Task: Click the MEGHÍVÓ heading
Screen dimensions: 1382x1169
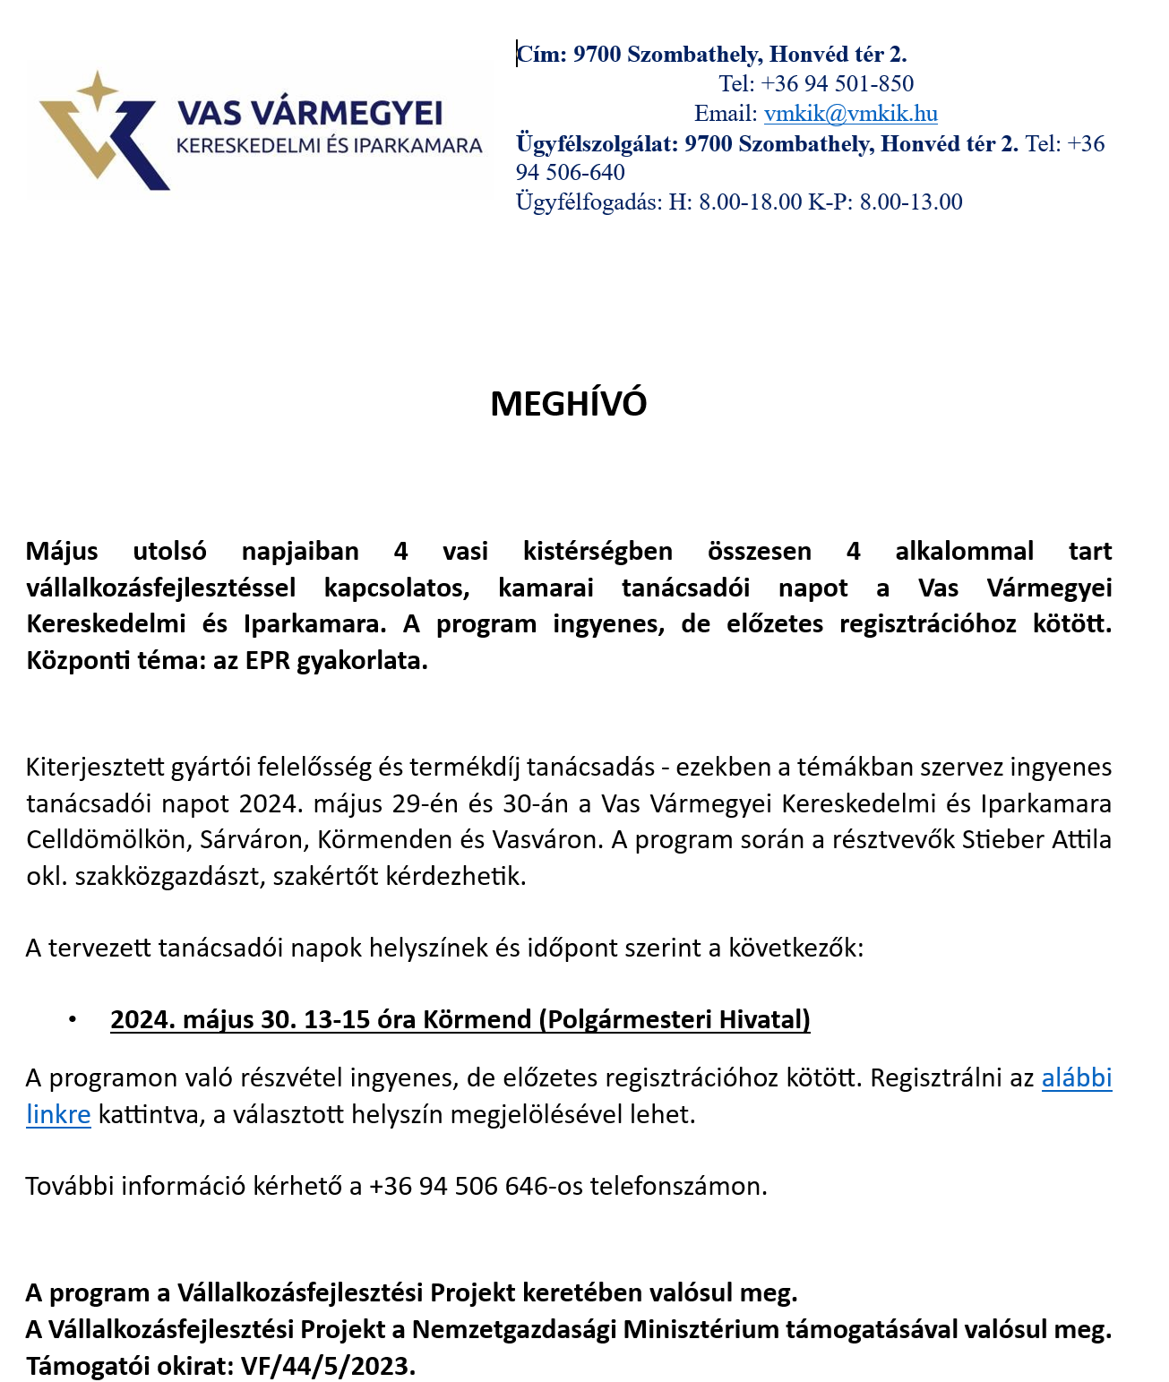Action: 568,404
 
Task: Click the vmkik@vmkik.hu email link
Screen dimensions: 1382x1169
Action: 850,114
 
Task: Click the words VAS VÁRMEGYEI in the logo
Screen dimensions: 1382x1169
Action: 310,114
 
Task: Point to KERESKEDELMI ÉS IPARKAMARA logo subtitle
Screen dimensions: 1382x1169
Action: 329,146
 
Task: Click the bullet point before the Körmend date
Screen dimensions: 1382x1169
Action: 73,1019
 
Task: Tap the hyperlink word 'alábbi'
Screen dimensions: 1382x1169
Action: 1076,1077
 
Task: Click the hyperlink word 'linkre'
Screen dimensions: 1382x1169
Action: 58,1114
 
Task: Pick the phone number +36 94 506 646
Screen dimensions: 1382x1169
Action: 458,1186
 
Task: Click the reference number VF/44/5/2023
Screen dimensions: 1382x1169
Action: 328,1366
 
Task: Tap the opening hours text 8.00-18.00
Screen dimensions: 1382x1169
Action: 750,202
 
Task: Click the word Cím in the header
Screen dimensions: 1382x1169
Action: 542,55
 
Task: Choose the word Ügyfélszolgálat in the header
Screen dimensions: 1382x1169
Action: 596,144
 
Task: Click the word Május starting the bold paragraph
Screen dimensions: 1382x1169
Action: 62,551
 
